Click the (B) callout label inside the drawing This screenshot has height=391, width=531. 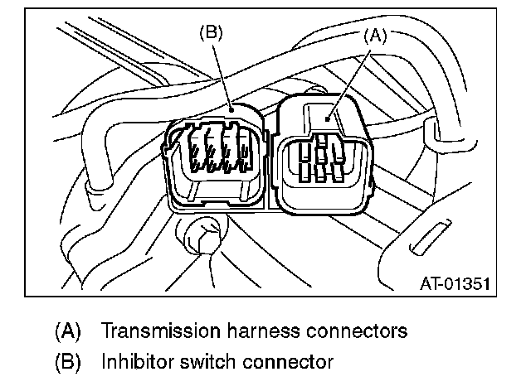[x=212, y=35]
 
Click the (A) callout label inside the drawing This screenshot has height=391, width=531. [x=375, y=36]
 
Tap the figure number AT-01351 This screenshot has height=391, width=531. [x=454, y=283]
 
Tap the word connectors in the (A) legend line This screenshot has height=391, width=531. [x=355, y=332]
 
